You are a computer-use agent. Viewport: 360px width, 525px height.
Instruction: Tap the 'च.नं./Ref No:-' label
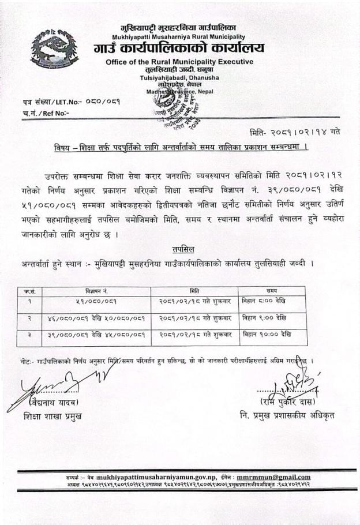tap(44, 113)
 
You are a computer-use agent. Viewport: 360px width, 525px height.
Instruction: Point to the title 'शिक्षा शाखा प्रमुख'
tap(53, 417)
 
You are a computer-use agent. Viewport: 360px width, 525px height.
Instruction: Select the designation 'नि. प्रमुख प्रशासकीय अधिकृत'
tap(287, 415)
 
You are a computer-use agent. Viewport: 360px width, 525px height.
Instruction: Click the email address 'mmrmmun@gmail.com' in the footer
tap(273, 477)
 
